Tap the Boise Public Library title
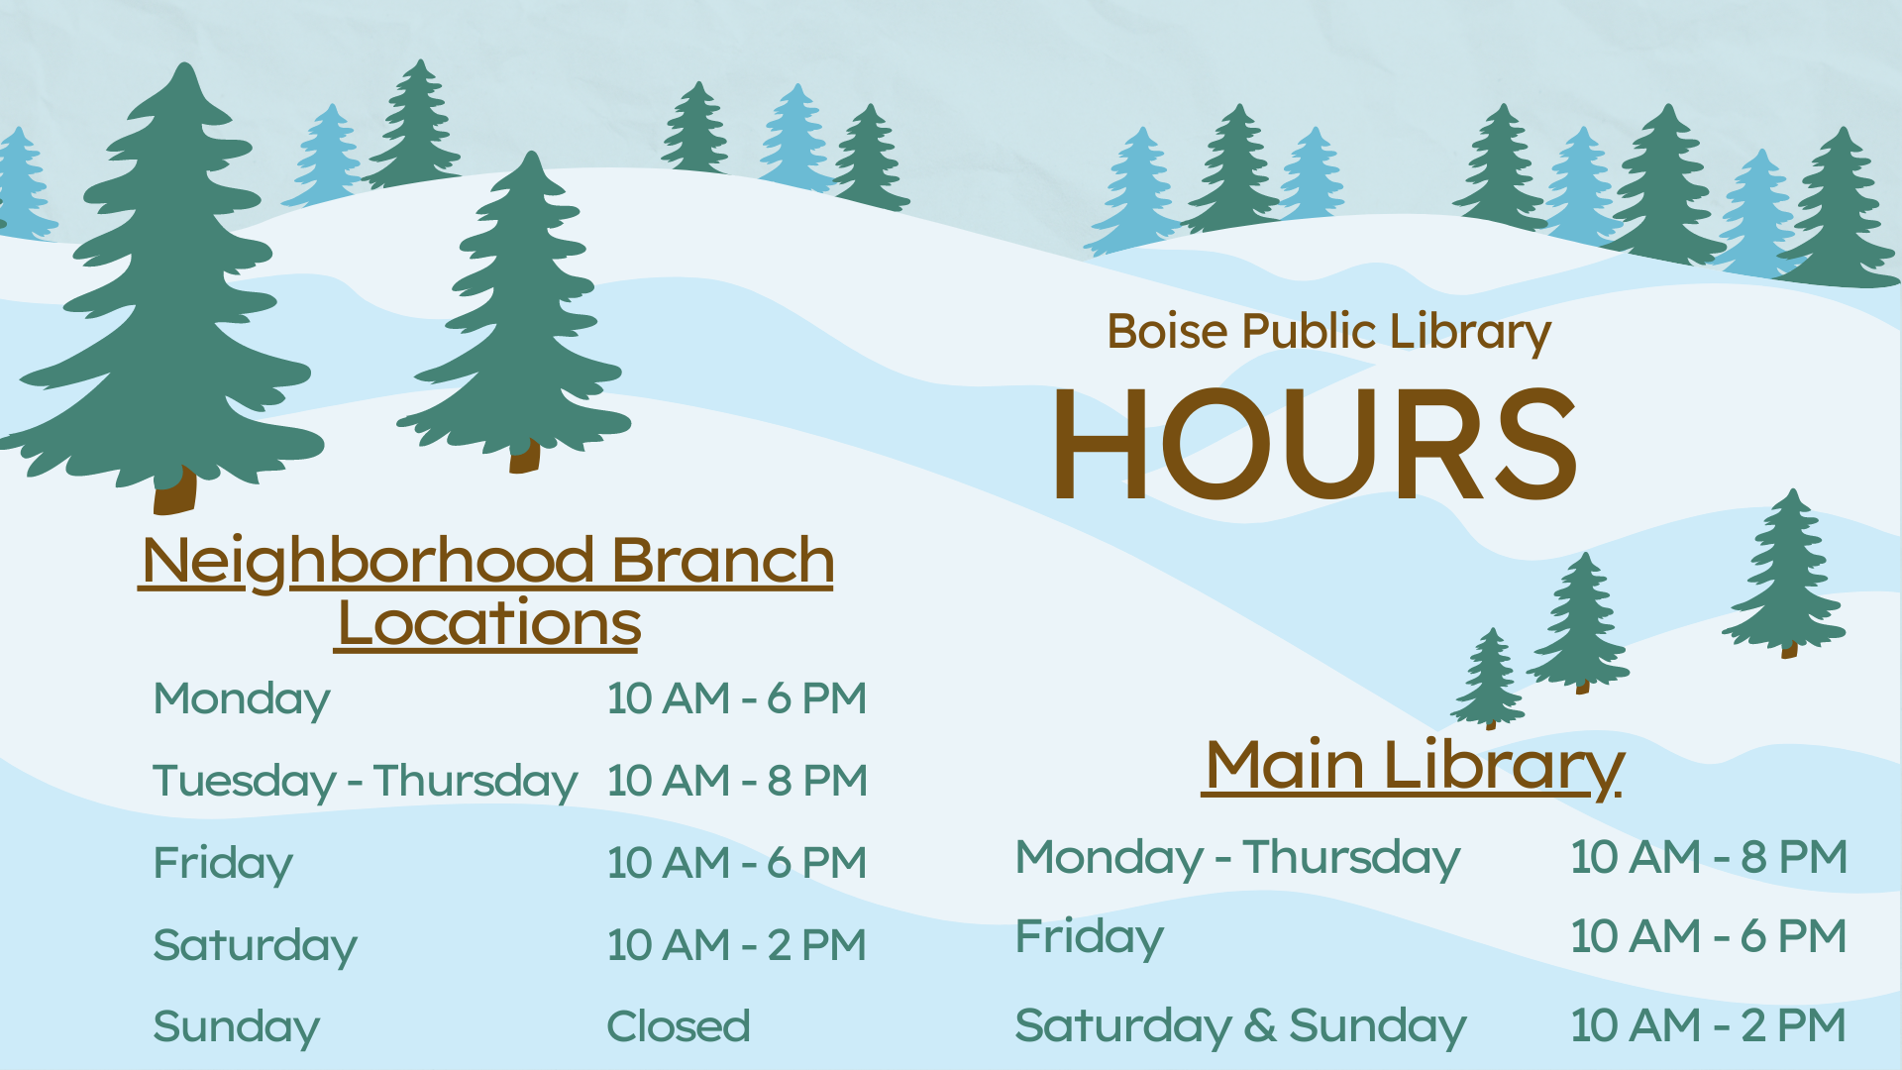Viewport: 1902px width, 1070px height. [1328, 333]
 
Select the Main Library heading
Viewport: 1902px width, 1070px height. [1414, 766]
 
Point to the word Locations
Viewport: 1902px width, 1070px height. [489, 623]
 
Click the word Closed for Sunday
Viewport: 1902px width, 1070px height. [679, 1026]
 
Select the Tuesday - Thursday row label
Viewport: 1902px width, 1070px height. [365, 782]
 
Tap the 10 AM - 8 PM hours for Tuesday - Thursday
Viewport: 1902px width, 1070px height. [737, 781]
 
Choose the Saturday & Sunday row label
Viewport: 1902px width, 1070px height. [1240, 1027]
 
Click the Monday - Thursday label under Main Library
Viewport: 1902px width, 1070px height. [1237, 859]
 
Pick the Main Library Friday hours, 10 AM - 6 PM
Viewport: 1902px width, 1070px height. [1709, 936]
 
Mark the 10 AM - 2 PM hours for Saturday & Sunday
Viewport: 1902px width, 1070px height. [1709, 1025]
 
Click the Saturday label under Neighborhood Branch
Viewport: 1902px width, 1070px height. [255, 946]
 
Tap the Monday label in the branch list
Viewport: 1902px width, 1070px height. [242, 700]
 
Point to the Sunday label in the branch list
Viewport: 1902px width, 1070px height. [236, 1028]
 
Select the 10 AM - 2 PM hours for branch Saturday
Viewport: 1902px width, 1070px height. [737, 945]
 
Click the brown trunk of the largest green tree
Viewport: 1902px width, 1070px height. [174, 490]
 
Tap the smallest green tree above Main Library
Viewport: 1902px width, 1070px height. [1488, 678]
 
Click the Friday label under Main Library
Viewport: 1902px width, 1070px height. [1090, 938]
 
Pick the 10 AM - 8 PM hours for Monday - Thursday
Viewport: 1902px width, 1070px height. [1709, 857]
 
